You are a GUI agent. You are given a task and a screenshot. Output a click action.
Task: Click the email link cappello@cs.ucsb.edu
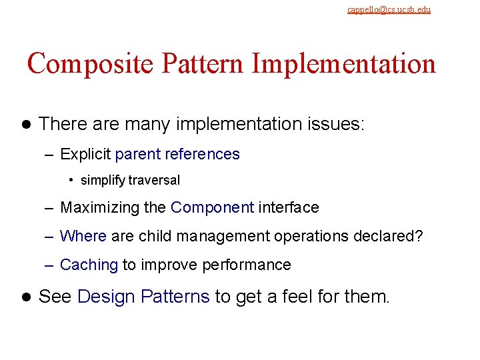click(x=389, y=9)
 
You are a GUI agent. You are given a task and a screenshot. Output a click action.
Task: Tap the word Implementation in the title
click(x=344, y=64)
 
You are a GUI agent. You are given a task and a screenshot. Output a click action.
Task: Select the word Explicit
click(x=85, y=155)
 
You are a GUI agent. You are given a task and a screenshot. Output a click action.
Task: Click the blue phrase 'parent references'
click(x=177, y=155)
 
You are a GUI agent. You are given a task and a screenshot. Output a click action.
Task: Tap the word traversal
click(x=154, y=180)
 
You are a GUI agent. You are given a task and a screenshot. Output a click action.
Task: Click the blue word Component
click(x=212, y=208)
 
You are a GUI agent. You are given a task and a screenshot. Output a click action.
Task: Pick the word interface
click(x=289, y=208)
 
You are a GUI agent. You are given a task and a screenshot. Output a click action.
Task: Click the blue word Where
click(x=83, y=236)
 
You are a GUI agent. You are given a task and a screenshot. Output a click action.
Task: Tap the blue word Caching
click(x=89, y=265)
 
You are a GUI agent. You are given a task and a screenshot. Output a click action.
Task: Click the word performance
click(x=249, y=265)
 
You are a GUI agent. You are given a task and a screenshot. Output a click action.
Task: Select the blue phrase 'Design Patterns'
click(x=143, y=297)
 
